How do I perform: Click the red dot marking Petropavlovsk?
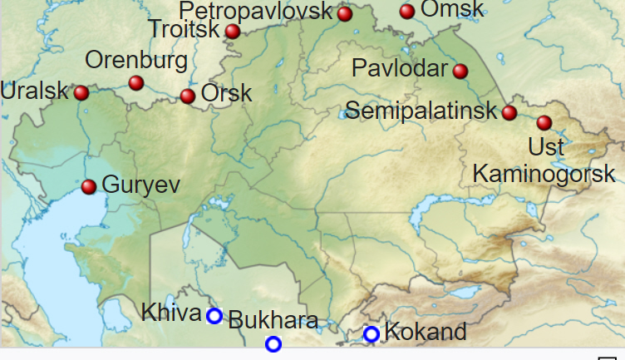tap(345, 13)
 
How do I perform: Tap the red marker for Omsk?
tap(407, 11)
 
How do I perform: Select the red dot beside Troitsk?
tap(233, 32)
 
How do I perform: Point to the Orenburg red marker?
tap(136, 82)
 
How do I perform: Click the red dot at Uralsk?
tap(81, 92)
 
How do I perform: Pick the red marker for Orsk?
tap(188, 96)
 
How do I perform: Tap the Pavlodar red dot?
tap(460, 71)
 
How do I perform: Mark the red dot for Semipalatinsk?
tap(509, 112)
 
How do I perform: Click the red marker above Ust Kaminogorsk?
tap(544, 122)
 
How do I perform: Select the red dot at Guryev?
tap(89, 186)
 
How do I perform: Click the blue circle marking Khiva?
tap(214, 316)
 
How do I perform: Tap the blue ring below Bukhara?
tap(273, 343)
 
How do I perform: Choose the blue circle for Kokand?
tap(372, 334)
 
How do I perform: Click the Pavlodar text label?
tap(400, 68)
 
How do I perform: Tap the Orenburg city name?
tap(136, 61)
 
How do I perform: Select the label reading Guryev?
tap(140, 185)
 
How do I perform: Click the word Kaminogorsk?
tap(544, 174)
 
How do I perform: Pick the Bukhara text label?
tap(273, 320)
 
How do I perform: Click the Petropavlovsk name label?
tap(256, 11)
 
